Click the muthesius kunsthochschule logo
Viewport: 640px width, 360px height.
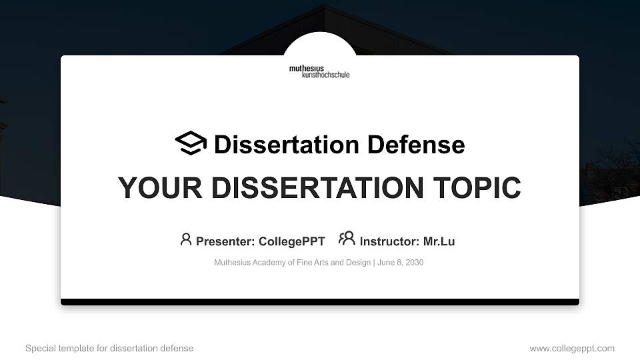319,71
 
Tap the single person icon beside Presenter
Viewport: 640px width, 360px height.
186,239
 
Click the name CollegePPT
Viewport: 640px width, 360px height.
293,241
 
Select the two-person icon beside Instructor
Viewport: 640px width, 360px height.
347,239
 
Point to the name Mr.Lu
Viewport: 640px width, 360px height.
439,241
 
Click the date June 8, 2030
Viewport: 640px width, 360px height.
401,263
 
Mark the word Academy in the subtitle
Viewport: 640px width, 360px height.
268,263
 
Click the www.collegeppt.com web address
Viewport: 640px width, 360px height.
572,349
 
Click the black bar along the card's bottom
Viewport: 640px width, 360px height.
320,302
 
